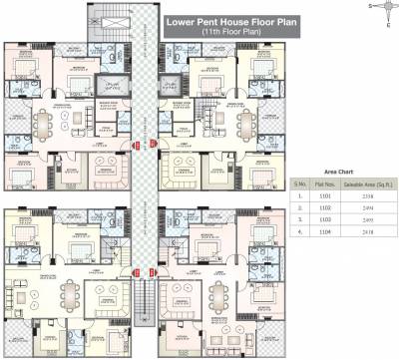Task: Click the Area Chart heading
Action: click(x=337, y=171)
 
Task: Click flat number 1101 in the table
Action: click(x=323, y=196)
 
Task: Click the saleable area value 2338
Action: click(x=366, y=196)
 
